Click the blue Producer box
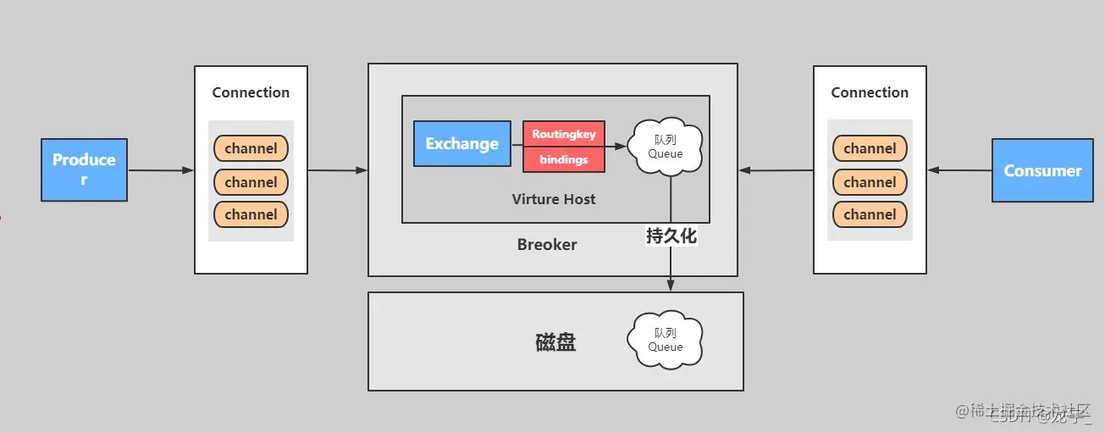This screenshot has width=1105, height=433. point(84,169)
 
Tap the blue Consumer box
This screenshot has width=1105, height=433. point(1042,170)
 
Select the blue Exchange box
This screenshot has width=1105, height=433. point(461,143)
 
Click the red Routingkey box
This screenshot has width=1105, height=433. point(564,134)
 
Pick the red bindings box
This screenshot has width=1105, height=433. point(564,159)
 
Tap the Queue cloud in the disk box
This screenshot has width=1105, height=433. point(666,340)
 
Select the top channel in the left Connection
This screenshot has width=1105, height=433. point(251,148)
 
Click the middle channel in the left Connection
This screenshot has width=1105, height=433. point(251,182)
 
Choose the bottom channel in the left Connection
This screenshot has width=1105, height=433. point(251,214)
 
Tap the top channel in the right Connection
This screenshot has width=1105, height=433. point(870,148)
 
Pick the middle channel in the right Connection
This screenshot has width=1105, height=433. point(870,182)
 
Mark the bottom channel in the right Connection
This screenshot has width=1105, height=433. point(870,214)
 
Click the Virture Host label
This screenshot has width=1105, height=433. point(554,199)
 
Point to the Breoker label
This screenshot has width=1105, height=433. point(547,244)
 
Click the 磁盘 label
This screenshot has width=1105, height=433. point(555,342)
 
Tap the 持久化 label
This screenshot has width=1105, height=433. point(671,236)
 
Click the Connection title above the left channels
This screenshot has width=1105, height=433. point(251,92)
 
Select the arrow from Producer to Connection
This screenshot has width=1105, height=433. point(161,170)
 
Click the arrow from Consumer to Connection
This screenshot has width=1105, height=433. point(960,170)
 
